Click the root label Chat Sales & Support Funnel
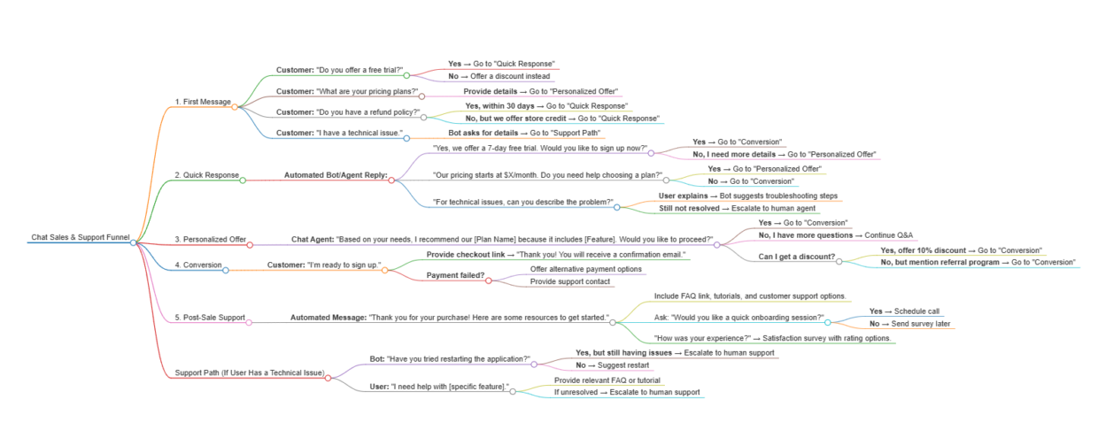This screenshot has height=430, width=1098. [81, 237]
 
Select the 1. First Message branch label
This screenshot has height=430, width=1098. [203, 102]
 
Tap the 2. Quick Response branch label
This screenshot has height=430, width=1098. [207, 175]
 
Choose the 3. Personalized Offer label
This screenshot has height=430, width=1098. [210, 240]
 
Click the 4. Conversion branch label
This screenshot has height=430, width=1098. [198, 265]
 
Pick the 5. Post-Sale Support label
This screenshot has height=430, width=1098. [210, 318]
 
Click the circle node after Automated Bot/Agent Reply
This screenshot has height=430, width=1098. [391, 180]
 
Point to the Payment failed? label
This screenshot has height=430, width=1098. [455, 275]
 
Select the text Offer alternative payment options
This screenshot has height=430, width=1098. [586, 269]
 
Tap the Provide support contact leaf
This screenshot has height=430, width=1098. [570, 281]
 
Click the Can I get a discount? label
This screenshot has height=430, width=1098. [797, 257]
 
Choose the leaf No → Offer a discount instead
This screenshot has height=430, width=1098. [499, 76]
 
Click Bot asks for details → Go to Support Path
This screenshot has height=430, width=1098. [524, 134]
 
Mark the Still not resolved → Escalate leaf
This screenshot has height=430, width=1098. [738, 208]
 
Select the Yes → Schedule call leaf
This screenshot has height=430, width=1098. [904, 311]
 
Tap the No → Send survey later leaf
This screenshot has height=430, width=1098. [909, 324]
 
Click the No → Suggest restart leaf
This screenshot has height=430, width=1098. [612, 365]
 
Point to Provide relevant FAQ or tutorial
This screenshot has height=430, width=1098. [607, 380]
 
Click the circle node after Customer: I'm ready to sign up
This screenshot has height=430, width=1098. [385, 270]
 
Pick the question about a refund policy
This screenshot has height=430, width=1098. [348, 112]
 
